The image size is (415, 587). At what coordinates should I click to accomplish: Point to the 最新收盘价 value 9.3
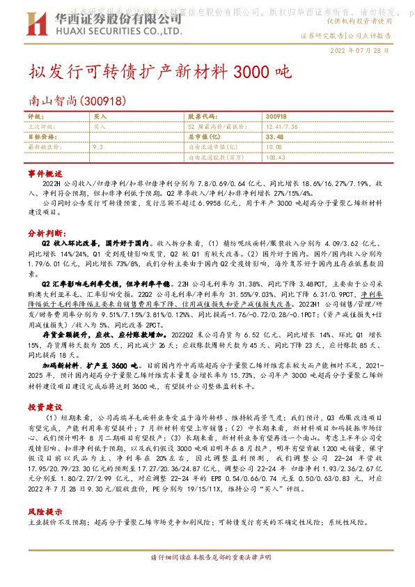tap(97, 147)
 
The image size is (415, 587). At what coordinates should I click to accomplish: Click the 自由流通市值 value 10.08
tap(273, 147)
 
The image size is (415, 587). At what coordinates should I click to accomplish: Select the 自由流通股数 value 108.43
tap(276, 157)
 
